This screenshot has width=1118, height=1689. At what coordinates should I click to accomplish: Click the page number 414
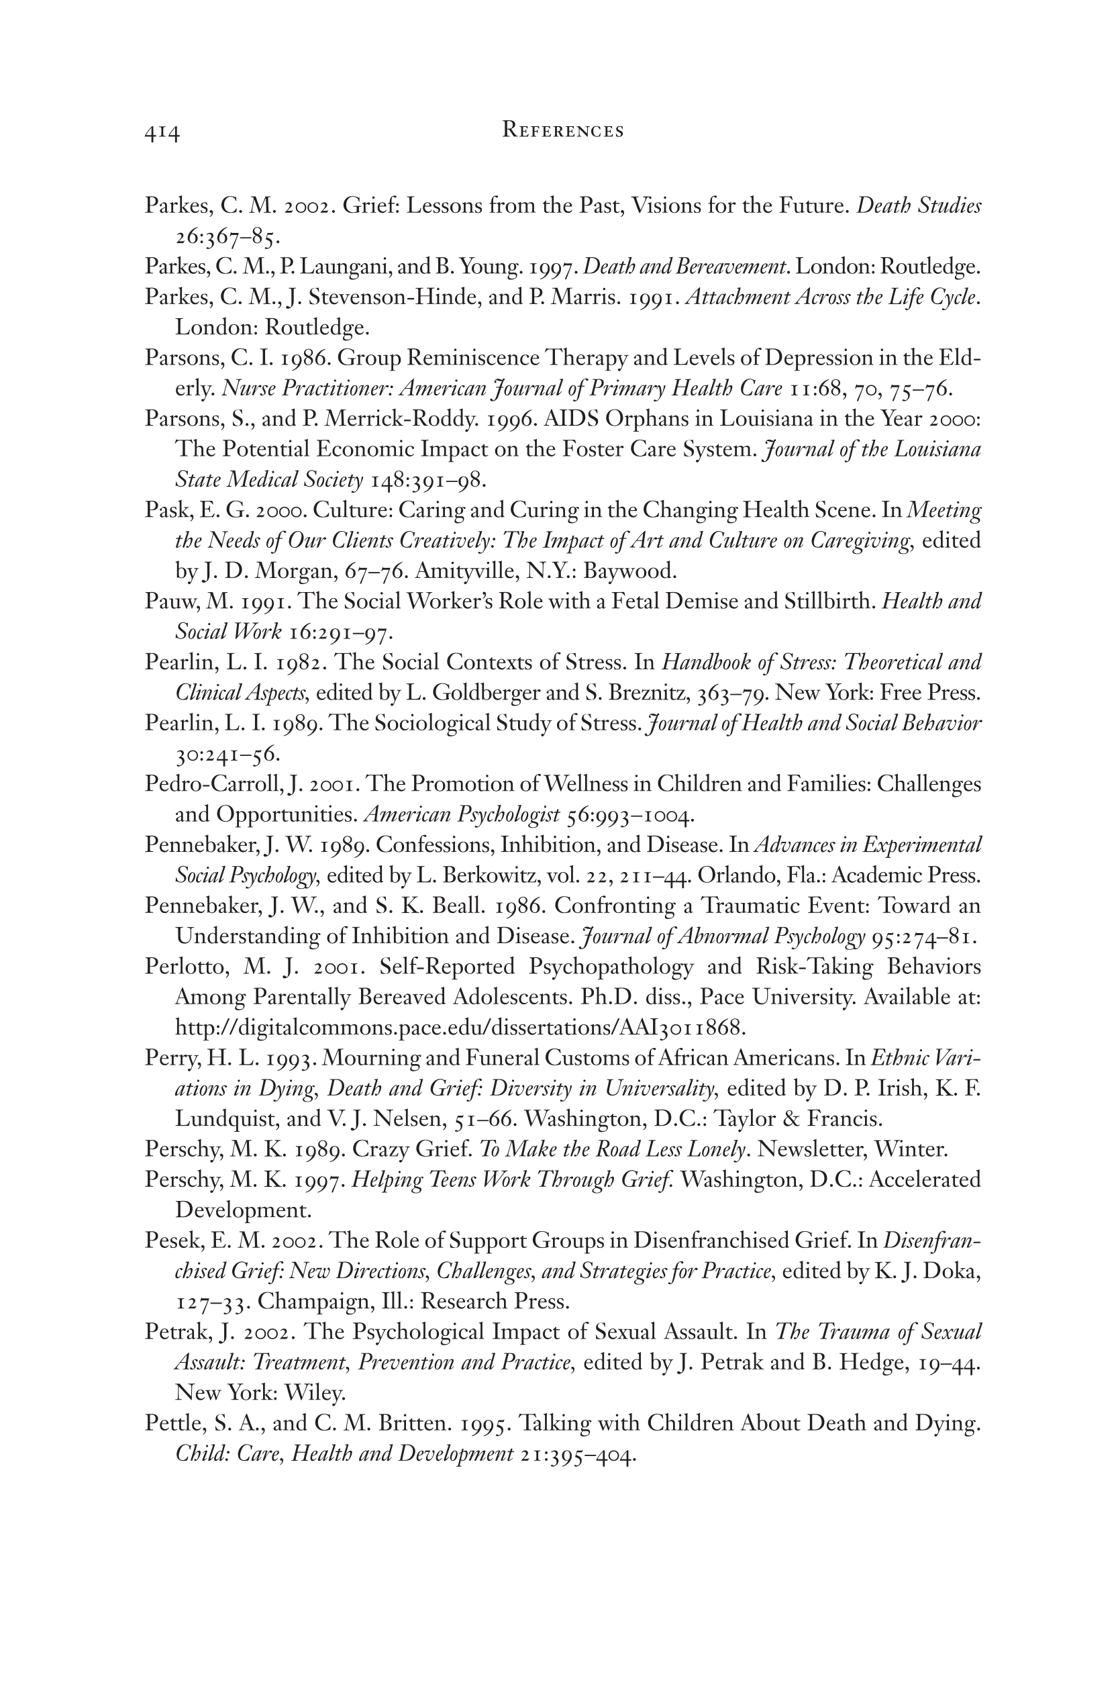coord(162,133)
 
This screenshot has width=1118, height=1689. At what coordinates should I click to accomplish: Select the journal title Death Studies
coord(918,206)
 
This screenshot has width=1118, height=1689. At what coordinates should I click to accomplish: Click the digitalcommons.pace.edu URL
coord(460,1028)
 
